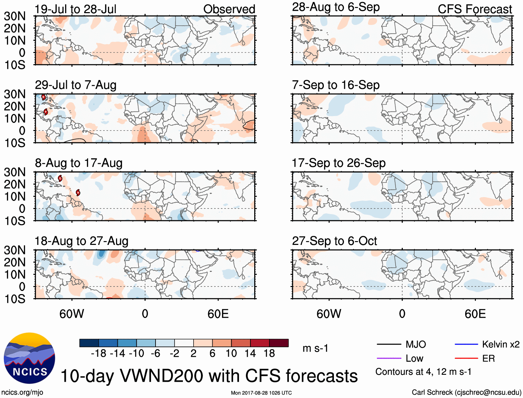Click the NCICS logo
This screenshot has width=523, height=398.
[x=29, y=359]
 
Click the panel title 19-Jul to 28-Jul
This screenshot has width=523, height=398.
[x=76, y=9]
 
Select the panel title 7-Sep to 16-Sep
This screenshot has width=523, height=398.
[x=336, y=85]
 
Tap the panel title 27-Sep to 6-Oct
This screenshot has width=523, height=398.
[x=334, y=241]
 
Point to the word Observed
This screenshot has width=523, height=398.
[x=229, y=9]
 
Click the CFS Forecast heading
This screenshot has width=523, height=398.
[x=475, y=9]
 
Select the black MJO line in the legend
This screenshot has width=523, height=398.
[x=389, y=344]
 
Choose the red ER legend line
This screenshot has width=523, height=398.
[x=466, y=358]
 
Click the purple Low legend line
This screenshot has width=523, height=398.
[x=389, y=358]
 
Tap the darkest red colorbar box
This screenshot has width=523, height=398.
[x=279, y=343]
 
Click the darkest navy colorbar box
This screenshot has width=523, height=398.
[x=89, y=343]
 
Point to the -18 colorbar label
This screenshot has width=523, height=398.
[x=98, y=353]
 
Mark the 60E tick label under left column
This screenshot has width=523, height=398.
[x=218, y=314]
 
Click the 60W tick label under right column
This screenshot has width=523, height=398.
[x=329, y=314]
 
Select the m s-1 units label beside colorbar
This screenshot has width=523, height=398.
[x=315, y=348]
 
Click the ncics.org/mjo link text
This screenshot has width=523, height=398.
[x=22, y=392]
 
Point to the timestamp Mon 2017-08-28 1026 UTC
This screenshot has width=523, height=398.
[x=261, y=393]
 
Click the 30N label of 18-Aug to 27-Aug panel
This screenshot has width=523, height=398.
[x=15, y=250]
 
